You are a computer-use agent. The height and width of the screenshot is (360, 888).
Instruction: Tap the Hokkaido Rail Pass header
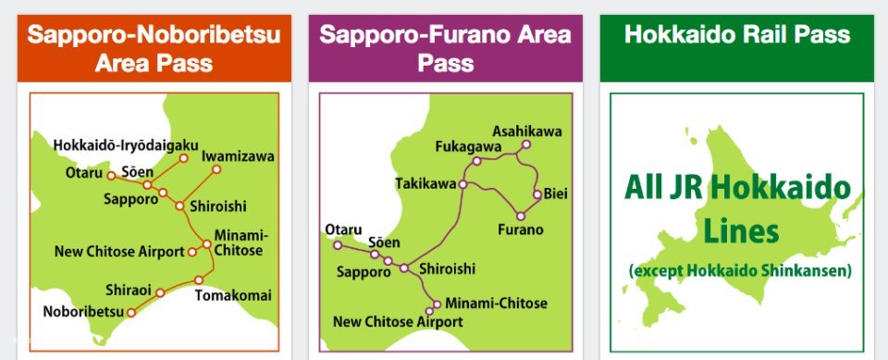tap(736, 35)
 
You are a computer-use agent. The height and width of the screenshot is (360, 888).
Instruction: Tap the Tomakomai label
tap(233, 295)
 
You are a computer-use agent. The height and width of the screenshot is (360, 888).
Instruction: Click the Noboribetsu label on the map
tap(83, 311)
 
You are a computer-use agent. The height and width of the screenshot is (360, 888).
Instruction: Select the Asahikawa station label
tap(526, 130)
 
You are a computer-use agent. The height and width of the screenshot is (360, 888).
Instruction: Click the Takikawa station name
tap(425, 183)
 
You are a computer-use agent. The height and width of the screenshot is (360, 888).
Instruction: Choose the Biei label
tap(555, 193)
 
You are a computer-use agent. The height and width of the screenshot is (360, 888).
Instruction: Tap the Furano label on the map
tap(520, 229)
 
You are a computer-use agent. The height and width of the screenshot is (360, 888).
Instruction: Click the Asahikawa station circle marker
tap(526, 145)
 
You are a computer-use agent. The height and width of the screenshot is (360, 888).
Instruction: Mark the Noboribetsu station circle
tap(131, 313)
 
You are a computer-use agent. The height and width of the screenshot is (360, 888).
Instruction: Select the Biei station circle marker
tap(536, 194)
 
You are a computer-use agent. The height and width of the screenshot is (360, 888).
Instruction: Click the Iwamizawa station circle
tap(216, 169)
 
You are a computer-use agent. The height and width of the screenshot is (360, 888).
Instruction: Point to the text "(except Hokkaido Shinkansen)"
tap(739, 271)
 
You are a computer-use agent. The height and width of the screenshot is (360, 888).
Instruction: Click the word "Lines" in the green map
tap(737, 231)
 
